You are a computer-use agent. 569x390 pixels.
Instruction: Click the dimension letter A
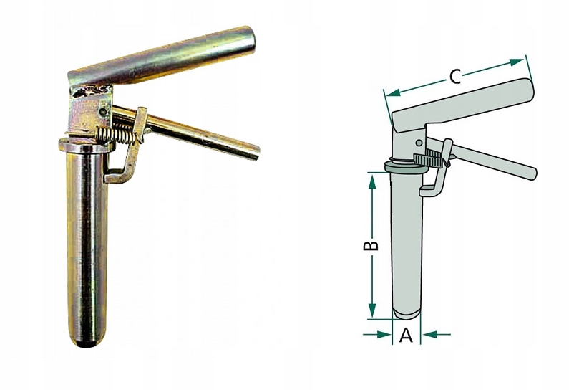click(x=406, y=335)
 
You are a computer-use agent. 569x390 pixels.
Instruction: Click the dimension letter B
click(x=371, y=245)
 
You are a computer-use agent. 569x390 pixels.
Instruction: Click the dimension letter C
click(x=455, y=77)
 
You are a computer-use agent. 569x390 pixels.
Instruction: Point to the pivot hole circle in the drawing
click(x=419, y=143)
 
